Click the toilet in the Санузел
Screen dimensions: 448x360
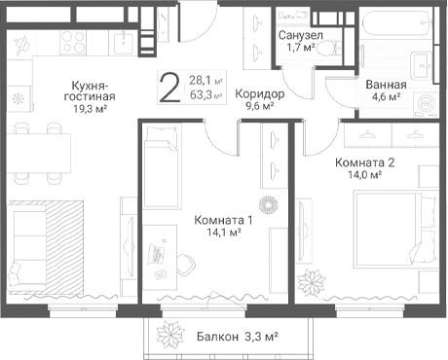pyautogui.click(x=328, y=49)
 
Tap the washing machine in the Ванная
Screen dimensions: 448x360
pyautogui.click(x=426, y=104)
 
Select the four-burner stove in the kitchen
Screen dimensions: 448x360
pyautogui.click(x=73, y=43)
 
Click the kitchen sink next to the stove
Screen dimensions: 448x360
pyautogui.click(x=124, y=43)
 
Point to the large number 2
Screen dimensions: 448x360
pyautogui.click(x=170, y=88)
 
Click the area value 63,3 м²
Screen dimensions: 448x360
pyautogui.click(x=205, y=95)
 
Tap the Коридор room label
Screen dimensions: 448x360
pyautogui.click(x=259, y=94)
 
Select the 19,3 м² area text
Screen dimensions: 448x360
pyautogui.click(x=90, y=109)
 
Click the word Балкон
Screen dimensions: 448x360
pyautogui.click(x=217, y=337)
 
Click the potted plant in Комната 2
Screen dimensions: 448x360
pyautogui.click(x=312, y=282)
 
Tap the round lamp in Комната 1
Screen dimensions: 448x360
pyautogui.click(x=269, y=204)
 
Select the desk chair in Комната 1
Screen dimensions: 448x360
pyautogui.click(x=187, y=265)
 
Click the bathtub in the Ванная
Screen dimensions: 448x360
pyautogui.click(x=397, y=24)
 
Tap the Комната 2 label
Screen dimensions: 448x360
pyautogui.click(x=365, y=162)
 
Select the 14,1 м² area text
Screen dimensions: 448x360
pyautogui.click(x=224, y=233)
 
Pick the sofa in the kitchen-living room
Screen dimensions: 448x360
pyautogui.click(x=27, y=244)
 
